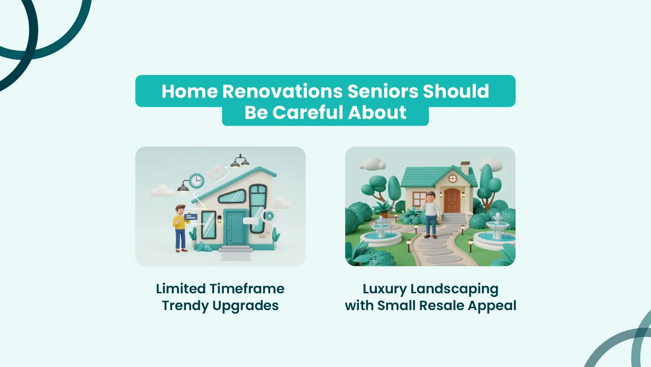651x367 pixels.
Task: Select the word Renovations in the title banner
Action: coord(282,91)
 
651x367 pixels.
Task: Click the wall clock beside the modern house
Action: coord(196,181)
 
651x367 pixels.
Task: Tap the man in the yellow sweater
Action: coord(181,228)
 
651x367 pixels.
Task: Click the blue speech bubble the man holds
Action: coord(191,217)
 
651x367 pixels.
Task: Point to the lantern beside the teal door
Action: coord(219,219)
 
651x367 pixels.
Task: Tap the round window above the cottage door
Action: coord(453,178)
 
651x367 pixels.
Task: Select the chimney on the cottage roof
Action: coord(465,168)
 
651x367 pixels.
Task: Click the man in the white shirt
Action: coord(431,215)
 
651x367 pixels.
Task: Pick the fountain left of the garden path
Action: coord(381,232)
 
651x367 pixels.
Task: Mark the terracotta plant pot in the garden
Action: coord(384,215)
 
